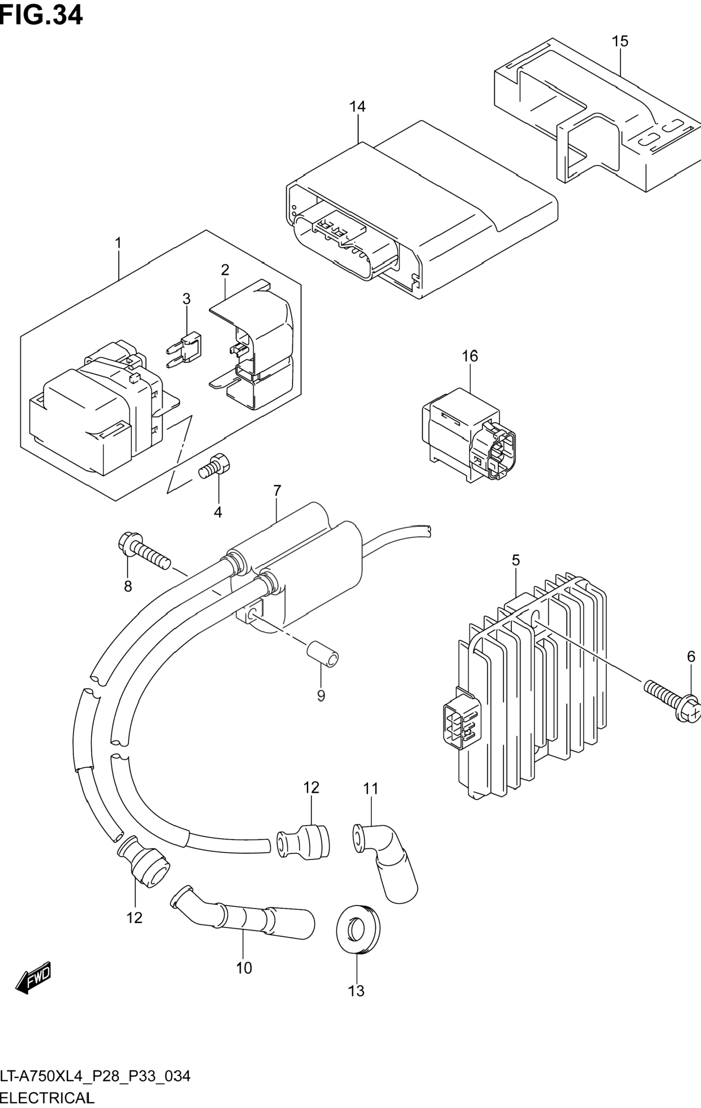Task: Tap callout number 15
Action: pyautogui.click(x=620, y=41)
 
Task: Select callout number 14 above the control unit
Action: pyautogui.click(x=357, y=107)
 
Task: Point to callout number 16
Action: pyautogui.click(x=470, y=356)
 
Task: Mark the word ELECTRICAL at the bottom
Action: pyautogui.click(x=47, y=1097)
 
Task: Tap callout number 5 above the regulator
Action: pyautogui.click(x=516, y=560)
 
